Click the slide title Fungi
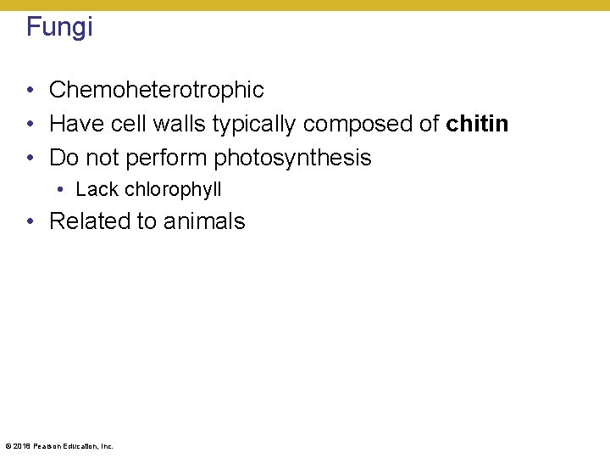click(59, 27)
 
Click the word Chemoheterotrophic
click(157, 90)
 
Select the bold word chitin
click(477, 124)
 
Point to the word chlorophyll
click(173, 190)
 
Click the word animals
click(204, 221)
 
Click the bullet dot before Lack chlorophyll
click(63, 190)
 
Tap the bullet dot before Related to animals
click(30, 222)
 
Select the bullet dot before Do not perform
click(30, 159)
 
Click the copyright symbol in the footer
click(8, 445)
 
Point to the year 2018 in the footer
click(20, 445)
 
